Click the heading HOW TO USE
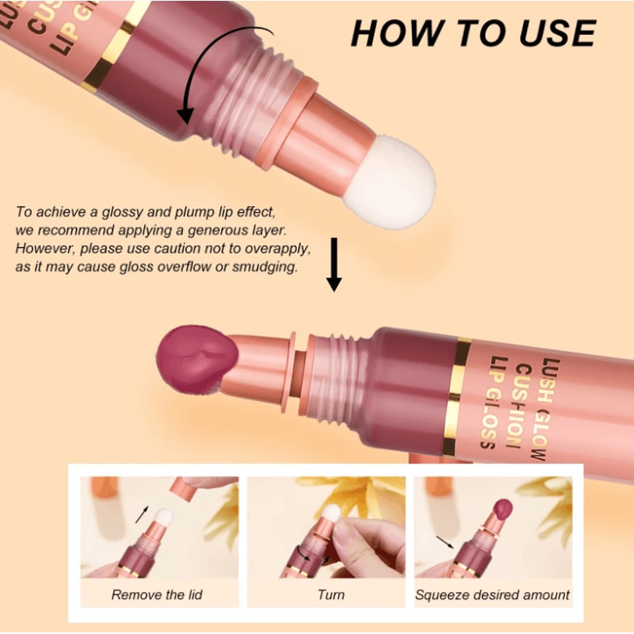(x=473, y=33)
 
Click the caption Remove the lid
(x=158, y=594)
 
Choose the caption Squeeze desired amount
(x=492, y=594)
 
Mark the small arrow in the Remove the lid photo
(x=142, y=513)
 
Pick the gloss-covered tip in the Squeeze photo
(x=501, y=508)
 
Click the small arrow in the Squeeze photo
(x=445, y=542)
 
